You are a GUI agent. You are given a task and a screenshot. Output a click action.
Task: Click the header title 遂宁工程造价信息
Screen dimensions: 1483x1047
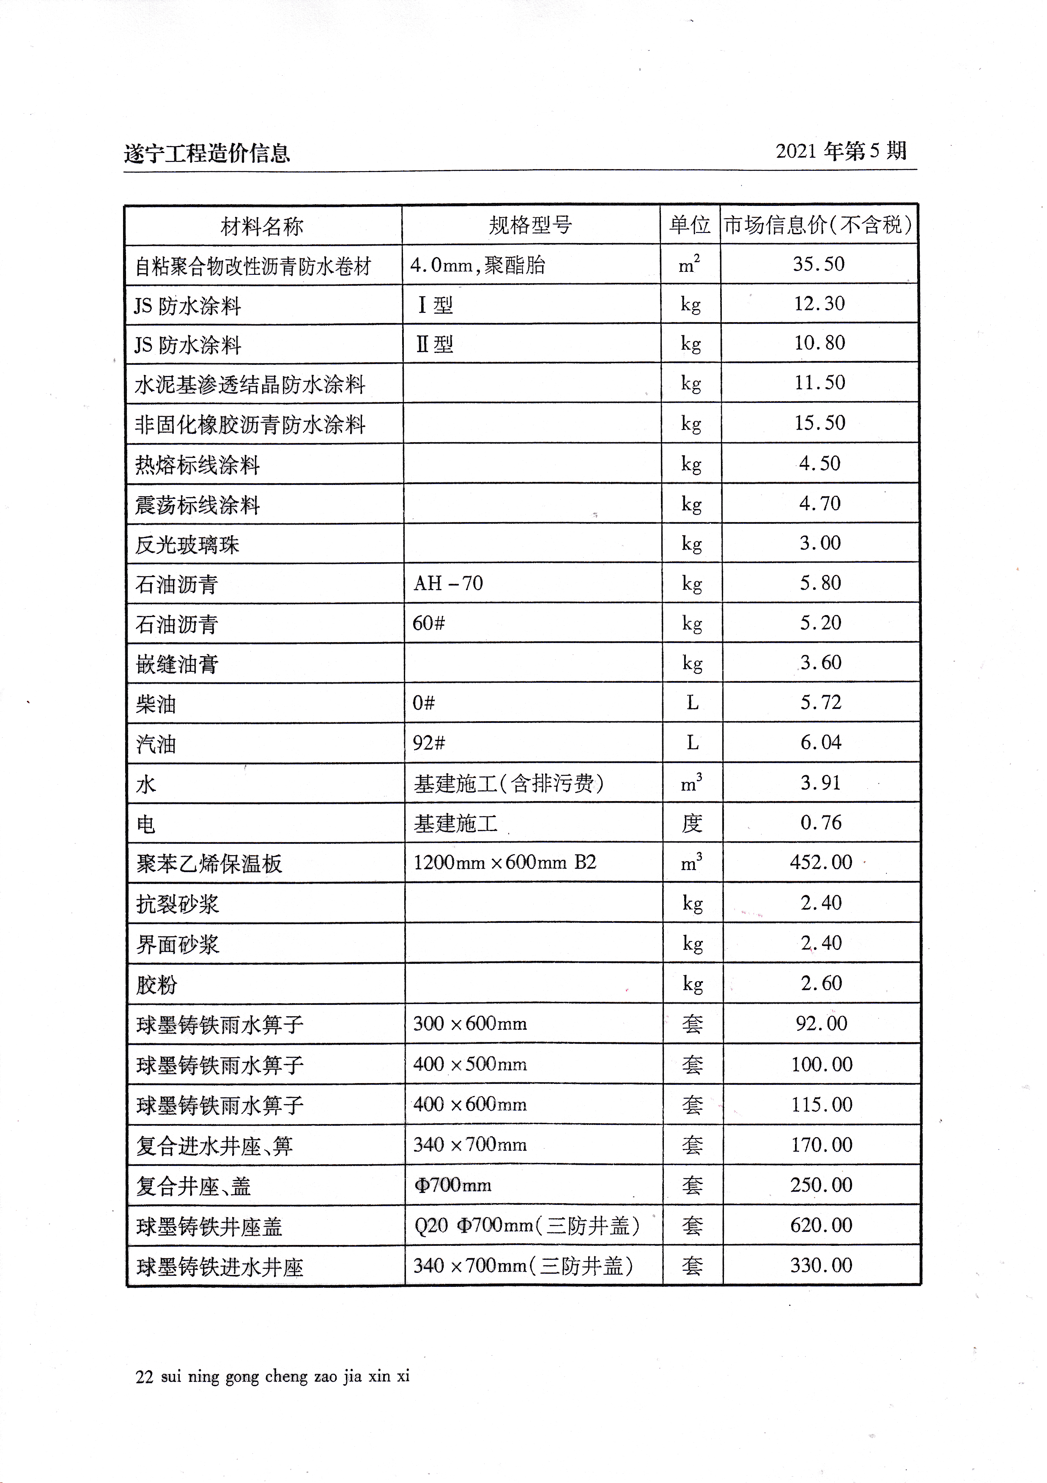coord(207,153)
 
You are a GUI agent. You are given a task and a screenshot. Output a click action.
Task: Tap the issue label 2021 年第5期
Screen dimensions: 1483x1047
coord(841,151)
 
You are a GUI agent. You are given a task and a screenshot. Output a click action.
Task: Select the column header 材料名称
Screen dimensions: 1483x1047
coord(262,226)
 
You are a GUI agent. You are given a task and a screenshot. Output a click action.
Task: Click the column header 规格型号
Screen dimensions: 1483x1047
coord(530,225)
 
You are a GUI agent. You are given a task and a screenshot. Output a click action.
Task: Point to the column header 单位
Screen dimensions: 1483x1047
coord(690,225)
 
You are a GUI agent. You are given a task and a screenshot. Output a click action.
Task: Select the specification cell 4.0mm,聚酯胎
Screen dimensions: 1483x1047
coord(477,265)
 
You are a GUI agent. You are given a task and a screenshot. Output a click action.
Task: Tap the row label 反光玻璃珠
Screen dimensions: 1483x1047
coord(187,544)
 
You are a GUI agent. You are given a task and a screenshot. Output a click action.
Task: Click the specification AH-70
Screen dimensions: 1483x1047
coord(448,583)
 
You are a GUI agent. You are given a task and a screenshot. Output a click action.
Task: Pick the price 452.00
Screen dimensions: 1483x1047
coord(821,862)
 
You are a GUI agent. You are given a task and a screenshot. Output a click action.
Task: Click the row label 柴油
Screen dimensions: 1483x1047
coord(156,703)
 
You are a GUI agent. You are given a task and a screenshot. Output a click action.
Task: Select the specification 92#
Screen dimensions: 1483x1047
coord(429,743)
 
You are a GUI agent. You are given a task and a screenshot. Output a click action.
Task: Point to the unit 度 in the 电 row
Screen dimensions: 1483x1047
coord(692,823)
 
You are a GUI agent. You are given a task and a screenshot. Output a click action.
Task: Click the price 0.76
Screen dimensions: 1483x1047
coord(821,822)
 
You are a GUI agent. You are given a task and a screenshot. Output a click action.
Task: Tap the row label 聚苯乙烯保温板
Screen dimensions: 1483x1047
coord(209,864)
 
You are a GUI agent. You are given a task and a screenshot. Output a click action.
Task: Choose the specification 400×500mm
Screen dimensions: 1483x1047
coord(469,1064)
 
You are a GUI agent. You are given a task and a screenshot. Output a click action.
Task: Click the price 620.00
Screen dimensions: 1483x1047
coord(821,1225)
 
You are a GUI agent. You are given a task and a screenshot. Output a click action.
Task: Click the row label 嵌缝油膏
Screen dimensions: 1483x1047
coord(177,663)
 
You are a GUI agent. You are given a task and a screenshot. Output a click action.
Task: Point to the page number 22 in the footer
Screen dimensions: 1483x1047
coord(144,1376)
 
